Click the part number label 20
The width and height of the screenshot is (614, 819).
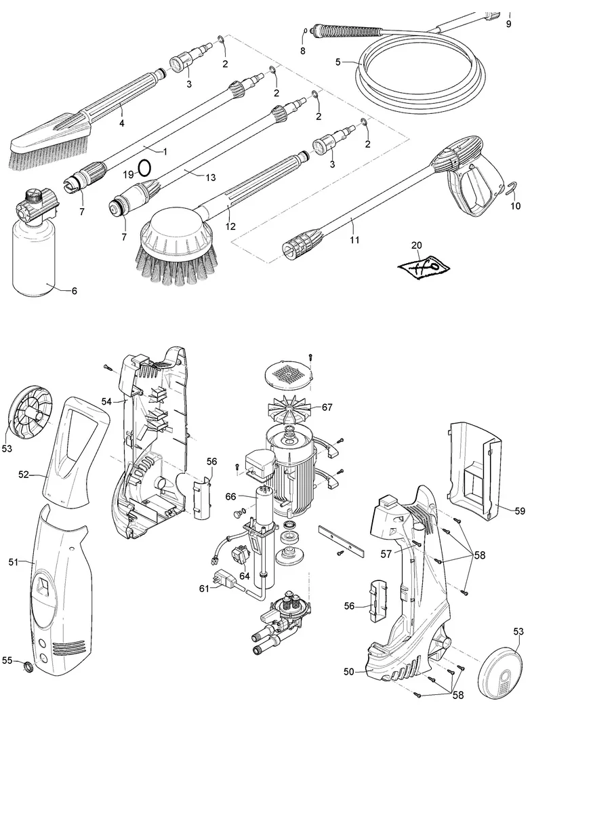coord(416,246)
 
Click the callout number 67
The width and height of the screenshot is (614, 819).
coord(327,407)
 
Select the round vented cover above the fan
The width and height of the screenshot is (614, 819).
coord(289,372)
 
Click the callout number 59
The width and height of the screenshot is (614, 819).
coord(520,511)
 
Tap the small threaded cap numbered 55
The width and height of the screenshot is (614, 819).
coord(29,666)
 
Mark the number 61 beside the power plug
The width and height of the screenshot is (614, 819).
coord(204,588)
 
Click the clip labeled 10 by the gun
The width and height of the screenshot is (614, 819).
coord(514,190)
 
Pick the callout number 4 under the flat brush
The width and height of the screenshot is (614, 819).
coord(122,123)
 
